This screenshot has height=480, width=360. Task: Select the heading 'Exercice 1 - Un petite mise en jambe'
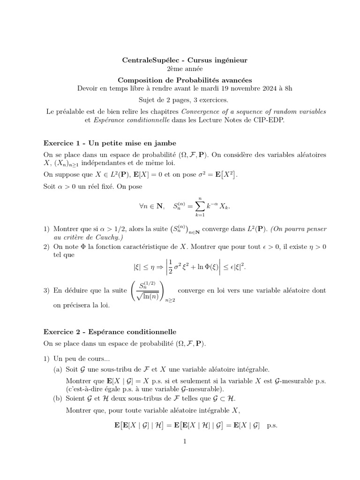(x=110, y=142)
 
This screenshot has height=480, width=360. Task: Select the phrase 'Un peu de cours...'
(x=81, y=359)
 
